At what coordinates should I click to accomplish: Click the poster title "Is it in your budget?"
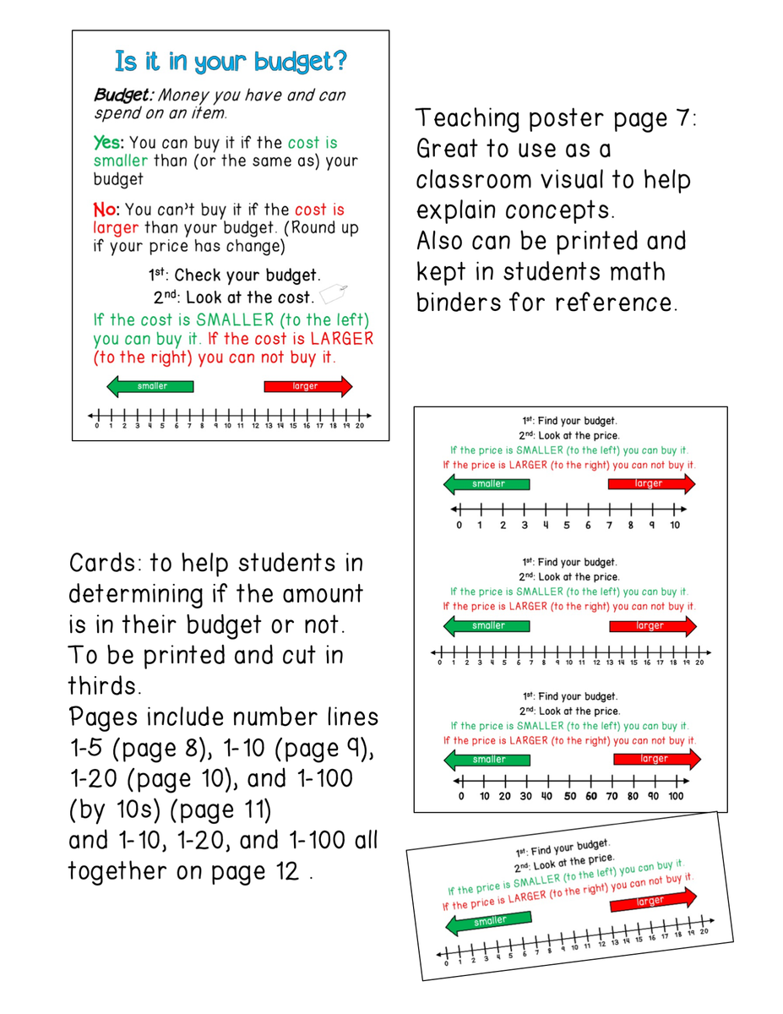click(x=231, y=62)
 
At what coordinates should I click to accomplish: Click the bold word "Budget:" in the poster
click(x=123, y=95)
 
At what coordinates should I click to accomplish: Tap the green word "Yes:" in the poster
click(x=108, y=143)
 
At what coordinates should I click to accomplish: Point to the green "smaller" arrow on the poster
click(x=150, y=386)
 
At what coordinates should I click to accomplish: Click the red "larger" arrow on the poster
click(x=307, y=386)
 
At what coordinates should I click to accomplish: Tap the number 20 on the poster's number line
click(x=359, y=426)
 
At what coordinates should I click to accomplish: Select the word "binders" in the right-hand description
click(x=458, y=302)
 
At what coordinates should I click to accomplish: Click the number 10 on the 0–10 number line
click(x=675, y=526)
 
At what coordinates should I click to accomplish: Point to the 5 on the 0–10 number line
click(x=567, y=526)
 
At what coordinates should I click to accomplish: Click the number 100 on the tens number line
click(x=677, y=796)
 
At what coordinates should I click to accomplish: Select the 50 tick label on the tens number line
click(x=570, y=796)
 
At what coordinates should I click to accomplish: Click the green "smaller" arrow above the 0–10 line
click(x=487, y=484)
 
